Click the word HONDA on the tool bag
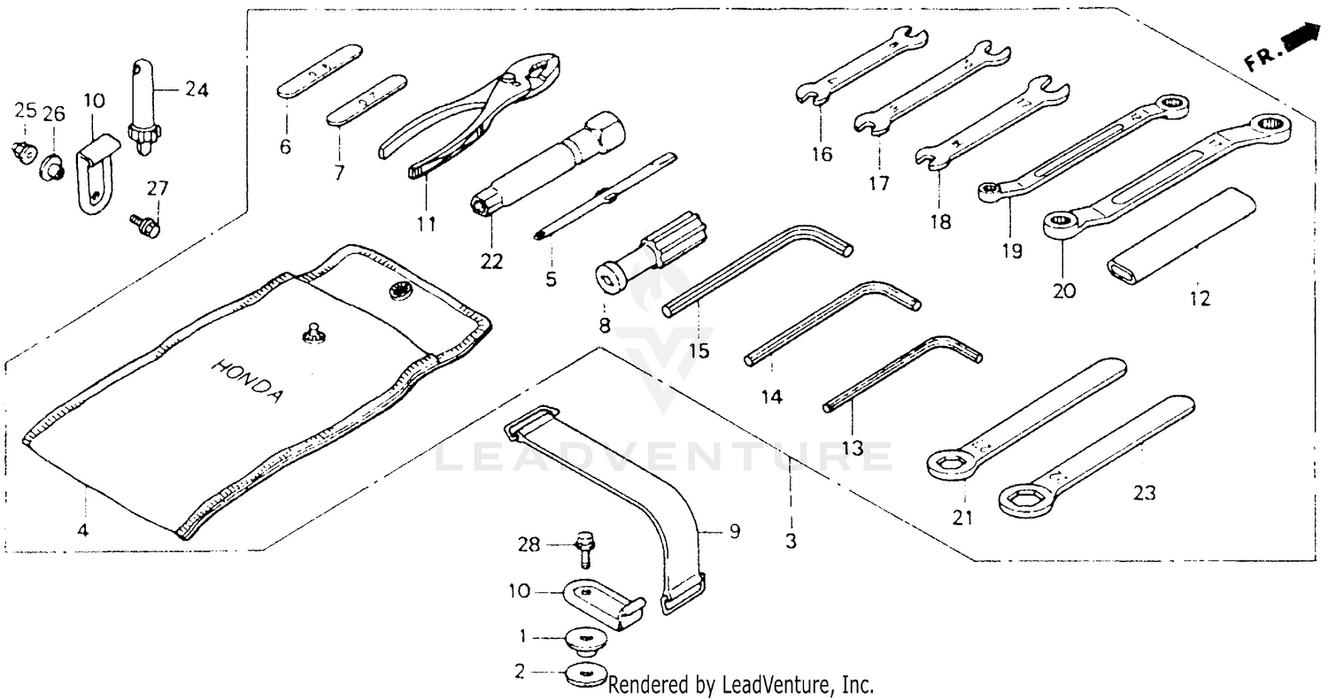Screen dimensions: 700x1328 click(249, 381)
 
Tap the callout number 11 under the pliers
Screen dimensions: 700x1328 click(427, 224)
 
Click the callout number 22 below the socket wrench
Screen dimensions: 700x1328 click(491, 261)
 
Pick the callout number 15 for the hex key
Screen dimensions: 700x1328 click(699, 350)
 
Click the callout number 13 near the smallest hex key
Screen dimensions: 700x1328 click(852, 448)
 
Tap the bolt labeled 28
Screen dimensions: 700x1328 click(583, 547)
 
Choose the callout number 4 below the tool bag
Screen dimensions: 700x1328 click(82, 532)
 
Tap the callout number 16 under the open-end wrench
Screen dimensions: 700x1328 click(821, 155)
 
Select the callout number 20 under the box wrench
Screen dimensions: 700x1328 click(1064, 290)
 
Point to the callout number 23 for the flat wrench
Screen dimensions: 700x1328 click(1145, 493)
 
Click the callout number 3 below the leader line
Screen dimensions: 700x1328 click(791, 540)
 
